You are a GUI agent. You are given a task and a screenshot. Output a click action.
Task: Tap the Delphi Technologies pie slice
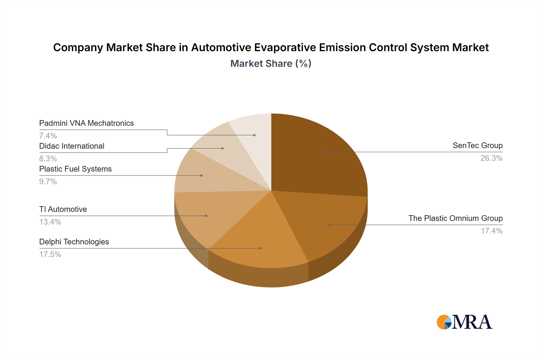pos(259,241)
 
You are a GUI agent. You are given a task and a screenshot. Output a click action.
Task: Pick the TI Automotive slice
pos(208,214)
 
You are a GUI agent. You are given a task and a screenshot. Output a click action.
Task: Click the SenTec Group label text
pos(478,146)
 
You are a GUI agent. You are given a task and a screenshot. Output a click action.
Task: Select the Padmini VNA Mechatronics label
pos(86,123)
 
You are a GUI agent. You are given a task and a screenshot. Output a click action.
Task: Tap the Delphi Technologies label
pos(74,242)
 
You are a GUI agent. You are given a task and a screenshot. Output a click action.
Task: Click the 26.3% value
pos(491,158)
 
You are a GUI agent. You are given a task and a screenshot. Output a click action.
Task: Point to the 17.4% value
pos(491,231)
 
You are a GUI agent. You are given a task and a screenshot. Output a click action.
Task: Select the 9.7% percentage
pos(48,182)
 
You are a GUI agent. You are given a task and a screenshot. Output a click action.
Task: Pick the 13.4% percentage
pos(50,222)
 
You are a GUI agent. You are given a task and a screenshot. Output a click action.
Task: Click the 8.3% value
pos(48,159)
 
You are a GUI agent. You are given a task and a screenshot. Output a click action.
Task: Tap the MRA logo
pos(464,322)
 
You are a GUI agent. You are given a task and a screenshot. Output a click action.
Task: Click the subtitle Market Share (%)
pos(271,64)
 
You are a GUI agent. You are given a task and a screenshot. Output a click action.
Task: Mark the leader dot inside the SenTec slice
pos(324,152)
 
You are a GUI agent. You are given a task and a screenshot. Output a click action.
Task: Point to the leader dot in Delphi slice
pos(260,248)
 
